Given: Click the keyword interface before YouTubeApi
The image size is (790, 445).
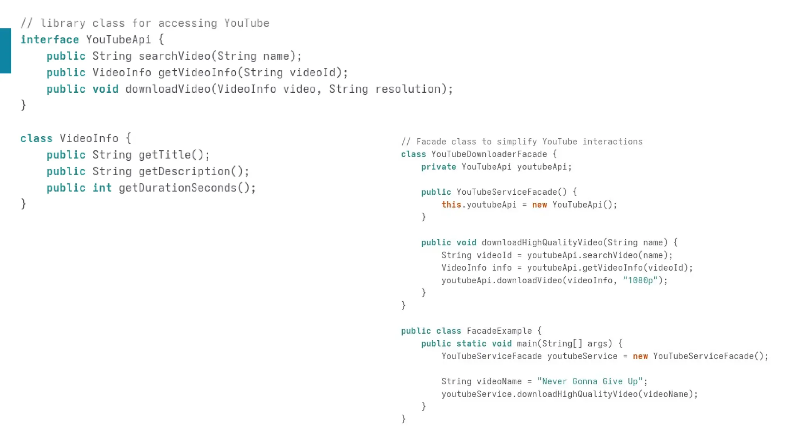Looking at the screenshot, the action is click(x=49, y=40).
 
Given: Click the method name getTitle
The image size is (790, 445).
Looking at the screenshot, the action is click(x=165, y=155).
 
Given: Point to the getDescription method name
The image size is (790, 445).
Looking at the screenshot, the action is click(x=184, y=172).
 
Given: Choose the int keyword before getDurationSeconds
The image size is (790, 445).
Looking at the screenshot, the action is click(x=102, y=188).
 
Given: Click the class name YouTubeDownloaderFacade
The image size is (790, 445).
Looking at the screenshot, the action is click(x=489, y=155).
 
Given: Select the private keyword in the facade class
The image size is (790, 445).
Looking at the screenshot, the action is click(x=438, y=167).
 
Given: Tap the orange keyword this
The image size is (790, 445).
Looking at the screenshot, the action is click(x=451, y=205).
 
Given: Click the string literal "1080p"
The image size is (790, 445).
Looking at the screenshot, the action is click(x=640, y=280).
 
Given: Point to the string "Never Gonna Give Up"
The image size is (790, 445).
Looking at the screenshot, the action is click(x=590, y=382).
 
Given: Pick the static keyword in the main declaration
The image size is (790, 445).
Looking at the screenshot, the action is click(x=471, y=344).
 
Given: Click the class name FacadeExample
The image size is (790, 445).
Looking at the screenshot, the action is click(x=499, y=331).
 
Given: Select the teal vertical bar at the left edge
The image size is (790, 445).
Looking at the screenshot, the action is click(x=5, y=51).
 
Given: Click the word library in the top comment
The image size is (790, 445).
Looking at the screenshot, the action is click(x=62, y=23).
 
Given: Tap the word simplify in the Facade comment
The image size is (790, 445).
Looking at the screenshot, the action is click(x=517, y=142).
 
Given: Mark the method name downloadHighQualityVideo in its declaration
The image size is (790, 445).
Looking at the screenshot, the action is click(x=542, y=243).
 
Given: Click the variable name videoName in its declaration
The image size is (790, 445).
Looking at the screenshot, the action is click(x=499, y=382).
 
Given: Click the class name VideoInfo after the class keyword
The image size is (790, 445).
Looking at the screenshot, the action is click(x=89, y=138).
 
